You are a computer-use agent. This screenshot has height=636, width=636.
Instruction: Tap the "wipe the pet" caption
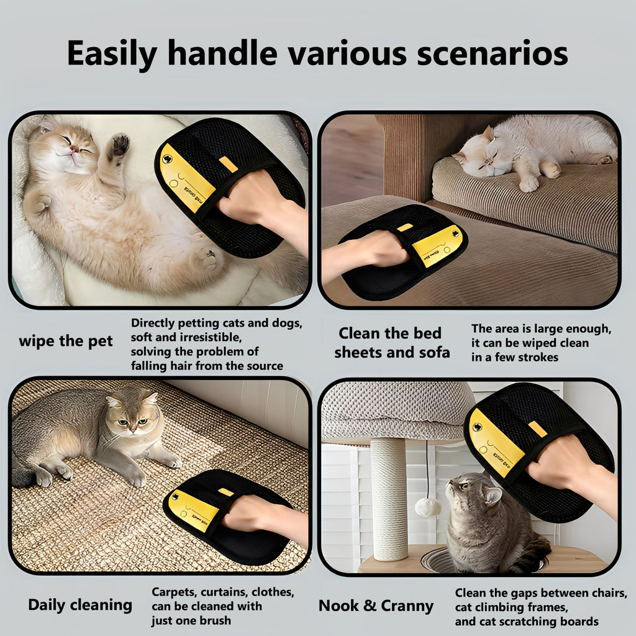[66, 341]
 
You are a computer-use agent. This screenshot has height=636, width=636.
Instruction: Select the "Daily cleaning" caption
[80, 605]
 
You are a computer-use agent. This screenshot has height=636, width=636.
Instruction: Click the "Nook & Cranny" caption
[376, 606]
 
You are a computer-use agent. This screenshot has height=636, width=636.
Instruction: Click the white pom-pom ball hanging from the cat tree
[427, 507]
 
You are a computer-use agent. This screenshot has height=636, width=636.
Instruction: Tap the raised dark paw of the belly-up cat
[119, 145]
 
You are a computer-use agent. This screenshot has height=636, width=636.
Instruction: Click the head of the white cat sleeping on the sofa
[478, 155]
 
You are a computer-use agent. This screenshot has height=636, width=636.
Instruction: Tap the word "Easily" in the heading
[112, 53]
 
